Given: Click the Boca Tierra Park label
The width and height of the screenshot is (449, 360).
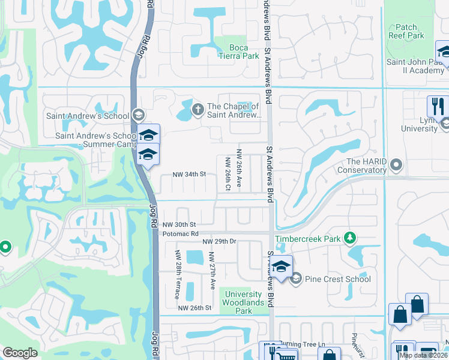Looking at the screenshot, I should click(244, 52).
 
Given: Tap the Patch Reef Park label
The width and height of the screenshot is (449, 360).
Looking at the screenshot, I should click(406, 31).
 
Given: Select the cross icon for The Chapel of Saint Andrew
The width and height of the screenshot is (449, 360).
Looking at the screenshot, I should click(197, 110).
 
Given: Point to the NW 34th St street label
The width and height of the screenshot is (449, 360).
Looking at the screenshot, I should click(189, 174).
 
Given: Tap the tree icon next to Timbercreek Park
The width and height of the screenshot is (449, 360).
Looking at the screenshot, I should click(349, 239).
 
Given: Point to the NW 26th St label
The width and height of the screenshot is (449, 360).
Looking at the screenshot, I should click(195, 308).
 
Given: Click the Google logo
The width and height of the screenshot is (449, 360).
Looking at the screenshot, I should click(20, 353).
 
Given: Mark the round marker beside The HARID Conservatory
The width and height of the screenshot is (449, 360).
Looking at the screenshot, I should click(396, 164).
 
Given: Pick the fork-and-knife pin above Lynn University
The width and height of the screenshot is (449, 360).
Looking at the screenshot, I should click(437, 107).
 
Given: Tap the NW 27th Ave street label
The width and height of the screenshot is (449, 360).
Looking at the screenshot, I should click(211, 271).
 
